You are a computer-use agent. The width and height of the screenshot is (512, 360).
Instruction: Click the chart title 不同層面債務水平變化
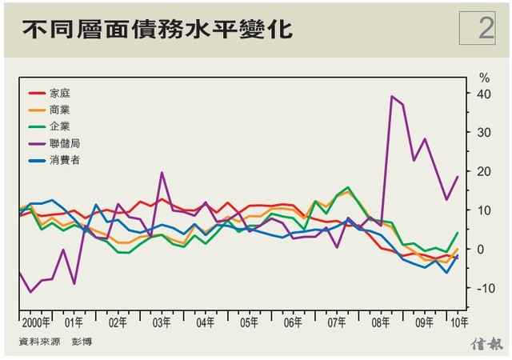click(x=157, y=30)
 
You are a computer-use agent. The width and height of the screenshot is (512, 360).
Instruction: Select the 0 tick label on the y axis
click(x=482, y=250)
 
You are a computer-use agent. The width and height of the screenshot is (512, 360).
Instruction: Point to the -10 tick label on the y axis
click(x=483, y=288)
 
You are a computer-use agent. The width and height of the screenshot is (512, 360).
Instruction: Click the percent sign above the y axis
click(x=483, y=78)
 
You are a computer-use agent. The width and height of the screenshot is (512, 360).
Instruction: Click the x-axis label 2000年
click(x=36, y=324)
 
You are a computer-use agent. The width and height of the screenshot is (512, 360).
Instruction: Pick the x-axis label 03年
click(x=162, y=324)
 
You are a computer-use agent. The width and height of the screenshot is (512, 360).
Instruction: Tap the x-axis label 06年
click(x=293, y=324)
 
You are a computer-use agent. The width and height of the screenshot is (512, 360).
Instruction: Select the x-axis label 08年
click(x=381, y=324)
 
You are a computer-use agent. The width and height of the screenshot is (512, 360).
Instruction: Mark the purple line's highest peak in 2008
click(x=392, y=97)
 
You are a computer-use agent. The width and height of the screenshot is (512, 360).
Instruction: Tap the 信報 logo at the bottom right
click(x=486, y=344)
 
